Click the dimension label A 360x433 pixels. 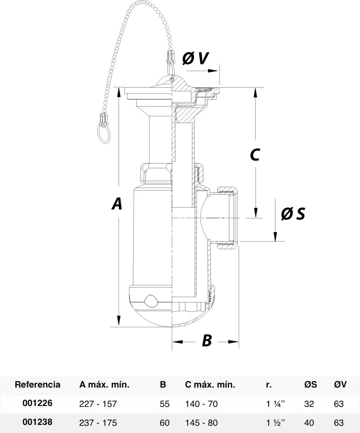tap(117, 204)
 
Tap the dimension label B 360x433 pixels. tap(207, 340)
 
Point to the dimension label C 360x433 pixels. tap(255, 155)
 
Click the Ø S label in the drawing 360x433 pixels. tap(293, 214)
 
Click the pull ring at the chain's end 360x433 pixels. tap(103, 132)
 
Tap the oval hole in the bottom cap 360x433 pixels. tap(150, 300)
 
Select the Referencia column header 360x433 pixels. tap(37, 384)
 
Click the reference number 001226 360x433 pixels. tap(37, 403)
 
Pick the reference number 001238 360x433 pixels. tap(37, 422)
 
